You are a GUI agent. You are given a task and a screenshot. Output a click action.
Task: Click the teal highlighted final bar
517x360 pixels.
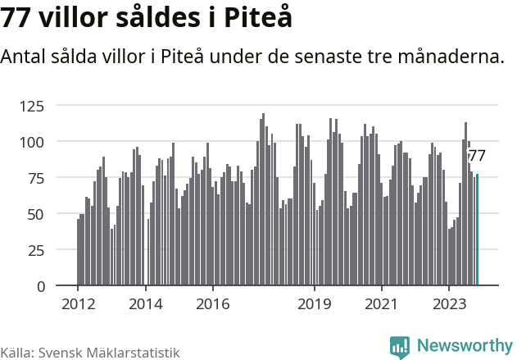[478, 230]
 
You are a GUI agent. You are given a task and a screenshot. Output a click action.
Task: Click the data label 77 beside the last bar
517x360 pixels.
[477, 156]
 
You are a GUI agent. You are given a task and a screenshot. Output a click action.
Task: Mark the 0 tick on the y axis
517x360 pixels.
[39, 286]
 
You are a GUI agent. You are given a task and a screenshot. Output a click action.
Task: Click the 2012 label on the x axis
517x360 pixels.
[78, 303]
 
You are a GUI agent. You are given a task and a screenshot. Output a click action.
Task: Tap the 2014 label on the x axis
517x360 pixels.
[145, 303]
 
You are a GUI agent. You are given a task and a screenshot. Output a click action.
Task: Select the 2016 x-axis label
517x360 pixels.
[212, 303]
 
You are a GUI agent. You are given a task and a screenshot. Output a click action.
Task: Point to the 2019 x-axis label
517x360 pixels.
[314, 303]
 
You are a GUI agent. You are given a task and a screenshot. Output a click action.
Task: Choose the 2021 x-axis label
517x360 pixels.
[381, 303]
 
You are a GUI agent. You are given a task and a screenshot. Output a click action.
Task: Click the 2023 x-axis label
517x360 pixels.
[448, 303]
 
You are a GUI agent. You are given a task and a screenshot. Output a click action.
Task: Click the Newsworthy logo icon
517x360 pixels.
[400, 347]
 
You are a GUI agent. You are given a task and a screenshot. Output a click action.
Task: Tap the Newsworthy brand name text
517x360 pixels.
[464, 346]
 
